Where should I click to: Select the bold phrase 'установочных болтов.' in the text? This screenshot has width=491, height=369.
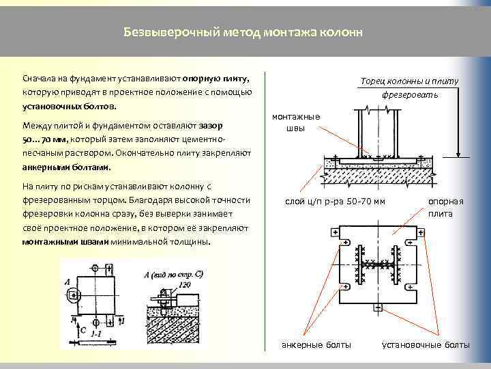[x=70, y=107]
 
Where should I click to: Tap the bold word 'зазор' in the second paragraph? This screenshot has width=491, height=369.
[x=211, y=126]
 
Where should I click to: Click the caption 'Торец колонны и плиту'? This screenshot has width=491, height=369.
[x=409, y=81]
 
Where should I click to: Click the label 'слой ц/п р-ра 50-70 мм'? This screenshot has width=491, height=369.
[x=334, y=201]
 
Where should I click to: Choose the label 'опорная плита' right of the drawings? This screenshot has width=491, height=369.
[x=446, y=208]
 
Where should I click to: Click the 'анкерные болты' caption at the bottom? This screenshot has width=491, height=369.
[x=316, y=344]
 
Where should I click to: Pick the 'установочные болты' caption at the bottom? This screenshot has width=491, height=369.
[x=426, y=344]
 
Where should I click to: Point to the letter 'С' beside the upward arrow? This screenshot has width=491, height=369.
[x=83, y=329]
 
